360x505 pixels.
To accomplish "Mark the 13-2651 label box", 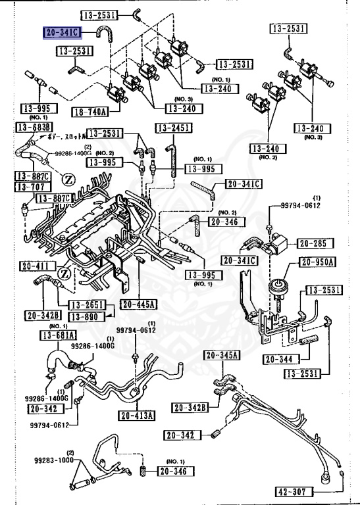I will pos(86,305).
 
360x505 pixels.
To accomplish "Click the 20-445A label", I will pos(138,304).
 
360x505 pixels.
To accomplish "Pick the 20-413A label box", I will pos(137,415).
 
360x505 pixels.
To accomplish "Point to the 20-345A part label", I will pos(222,356).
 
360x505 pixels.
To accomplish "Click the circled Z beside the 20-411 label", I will pos(64,272).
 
